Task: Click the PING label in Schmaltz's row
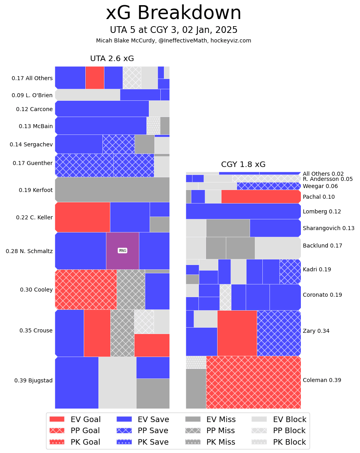[122, 251]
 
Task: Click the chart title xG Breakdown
[173, 13]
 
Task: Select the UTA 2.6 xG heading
[112, 59]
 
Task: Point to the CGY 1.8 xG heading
[243, 165]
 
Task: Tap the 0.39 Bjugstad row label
[33, 380]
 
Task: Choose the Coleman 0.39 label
[322, 380]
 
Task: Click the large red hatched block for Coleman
[253, 382]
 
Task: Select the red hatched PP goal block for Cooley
[86, 290]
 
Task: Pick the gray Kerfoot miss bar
[112, 190]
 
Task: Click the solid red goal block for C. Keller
[83, 217]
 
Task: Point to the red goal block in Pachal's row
[260, 197]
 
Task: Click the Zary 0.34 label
[316, 331]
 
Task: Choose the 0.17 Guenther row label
[33, 163]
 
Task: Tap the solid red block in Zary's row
[237, 333]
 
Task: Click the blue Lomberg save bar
[243, 211]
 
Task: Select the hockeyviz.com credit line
[173, 40]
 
